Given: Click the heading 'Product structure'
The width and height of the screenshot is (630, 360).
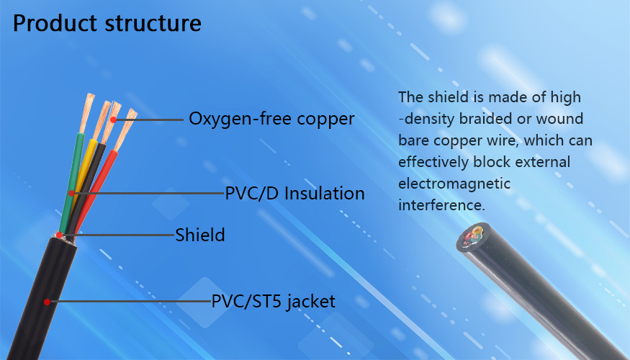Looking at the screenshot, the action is pyautogui.click(x=107, y=23).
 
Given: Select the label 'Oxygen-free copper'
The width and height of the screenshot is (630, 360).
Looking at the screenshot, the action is pyautogui.click(x=271, y=119).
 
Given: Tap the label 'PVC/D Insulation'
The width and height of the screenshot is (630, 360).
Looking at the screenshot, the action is pyautogui.click(x=294, y=193).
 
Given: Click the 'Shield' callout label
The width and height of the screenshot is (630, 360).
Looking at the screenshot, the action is pyautogui.click(x=199, y=235).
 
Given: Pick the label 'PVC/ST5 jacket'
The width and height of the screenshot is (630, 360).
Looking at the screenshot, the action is pyautogui.click(x=273, y=302).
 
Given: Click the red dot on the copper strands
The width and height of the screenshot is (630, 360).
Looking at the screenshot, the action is pyautogui.click(x=114, y=120).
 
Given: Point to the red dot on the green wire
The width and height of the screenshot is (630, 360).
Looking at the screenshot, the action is pyautogui.click(x=71, y=193).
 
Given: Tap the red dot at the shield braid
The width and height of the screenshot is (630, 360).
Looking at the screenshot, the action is pyautogui.click(x=60, y=235).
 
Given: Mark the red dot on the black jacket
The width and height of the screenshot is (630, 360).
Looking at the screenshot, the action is pyautogui.click(x=47, y=302).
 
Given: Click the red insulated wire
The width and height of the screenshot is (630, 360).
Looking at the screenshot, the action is pyautogui.click(x=96, y=189).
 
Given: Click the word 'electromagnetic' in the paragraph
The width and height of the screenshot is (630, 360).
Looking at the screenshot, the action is pyautogui.click(x=454, y=184).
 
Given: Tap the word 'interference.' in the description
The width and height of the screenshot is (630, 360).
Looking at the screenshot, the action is pyautogui.click(x=441, y=205).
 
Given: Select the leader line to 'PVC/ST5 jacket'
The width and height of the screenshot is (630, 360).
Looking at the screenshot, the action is pyautogui.click(x=131, y=302).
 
